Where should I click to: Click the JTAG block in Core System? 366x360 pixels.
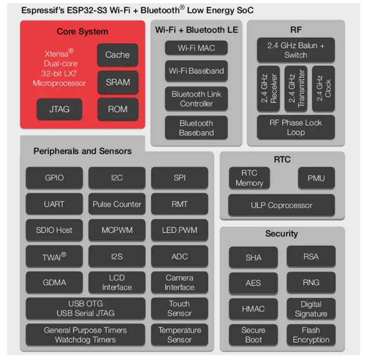[x=59, y=109]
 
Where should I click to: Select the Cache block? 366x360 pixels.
[x=117, y=55]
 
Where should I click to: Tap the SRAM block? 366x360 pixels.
[x=117, y=82]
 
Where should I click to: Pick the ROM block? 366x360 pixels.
[x=117, y=109]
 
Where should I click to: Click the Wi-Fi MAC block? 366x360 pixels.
[x=196, y=48]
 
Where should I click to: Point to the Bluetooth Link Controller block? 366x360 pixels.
[x=196, y=98]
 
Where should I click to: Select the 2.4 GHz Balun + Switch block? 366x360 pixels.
[x=296, y=50]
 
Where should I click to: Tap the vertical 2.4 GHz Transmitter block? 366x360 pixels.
[x=296, y=88]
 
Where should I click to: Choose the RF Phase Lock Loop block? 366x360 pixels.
[x=296, y=127]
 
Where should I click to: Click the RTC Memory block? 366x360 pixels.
[x=249, y=178]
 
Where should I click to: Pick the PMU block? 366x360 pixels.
[x=316, y=178]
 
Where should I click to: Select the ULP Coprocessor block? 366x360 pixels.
[x=282, y=205]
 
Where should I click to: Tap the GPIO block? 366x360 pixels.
[x=54, y=178]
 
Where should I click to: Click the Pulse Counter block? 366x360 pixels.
[x=117, y=204]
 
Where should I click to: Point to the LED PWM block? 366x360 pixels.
[x=179, y=230]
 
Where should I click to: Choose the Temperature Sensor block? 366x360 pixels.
[x=179, y=335]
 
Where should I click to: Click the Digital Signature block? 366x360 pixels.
[x=310, y=309]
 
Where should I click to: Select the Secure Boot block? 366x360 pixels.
[x=253, y=335]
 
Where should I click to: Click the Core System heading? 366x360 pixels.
[x=83, y=32]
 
